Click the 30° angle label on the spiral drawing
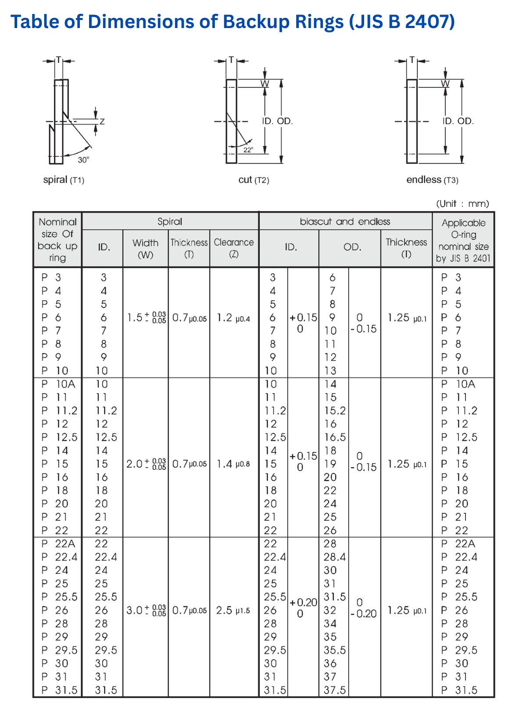(x=83, y=160)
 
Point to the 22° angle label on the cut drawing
(x=248, y=150)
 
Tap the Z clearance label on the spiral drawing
(x=102, y=121)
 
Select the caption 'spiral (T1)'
(x=64, y=180)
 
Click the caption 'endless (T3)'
(x=432, y=180)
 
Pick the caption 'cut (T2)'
(x=254, y=180)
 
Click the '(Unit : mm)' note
(x=462, y=203)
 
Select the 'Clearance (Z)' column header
(x=234, y=248)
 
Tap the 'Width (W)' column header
(x=145, y=248)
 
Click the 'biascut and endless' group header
(x=345, y=222)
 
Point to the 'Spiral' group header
(x=170, y=222)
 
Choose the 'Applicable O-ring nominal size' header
(x=463, y=241)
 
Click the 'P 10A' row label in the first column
(x=58, y=384)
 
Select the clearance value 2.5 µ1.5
(x=233, y=611)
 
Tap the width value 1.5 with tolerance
(x=146, y=317)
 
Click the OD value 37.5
(x=335, y=690)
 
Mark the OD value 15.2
(x=335, y=411)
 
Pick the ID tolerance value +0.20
(x=303, y=603)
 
